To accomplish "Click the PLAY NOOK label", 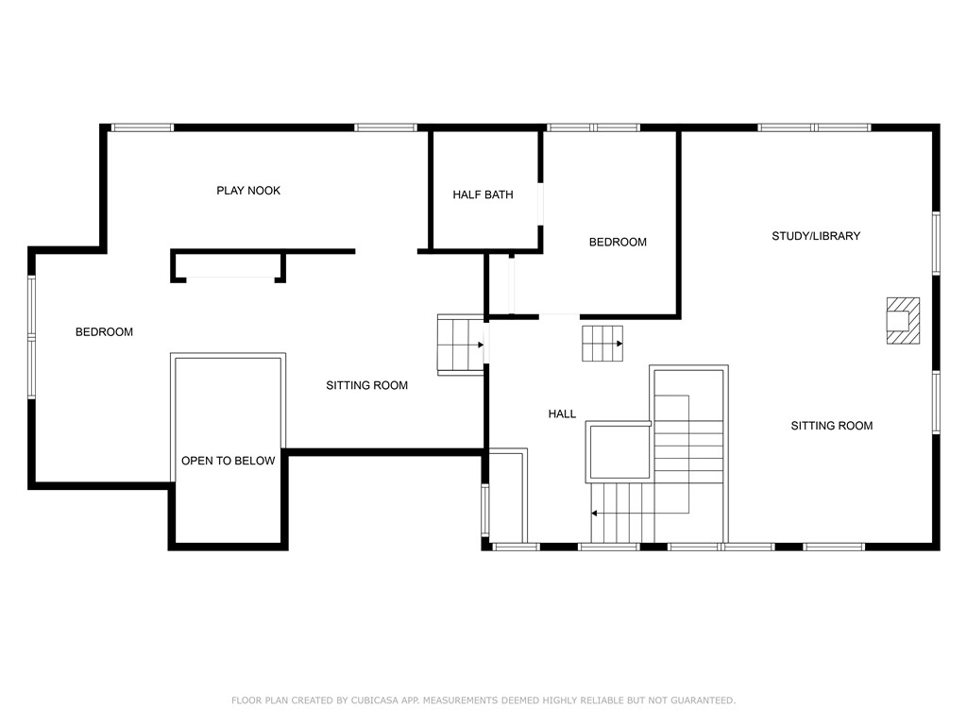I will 248,191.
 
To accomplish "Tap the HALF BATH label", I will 483,195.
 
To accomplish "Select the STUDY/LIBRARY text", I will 816,236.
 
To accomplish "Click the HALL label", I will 562,414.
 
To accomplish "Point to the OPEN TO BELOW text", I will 229,461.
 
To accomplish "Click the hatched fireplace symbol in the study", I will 902,320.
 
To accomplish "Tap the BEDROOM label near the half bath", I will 618,243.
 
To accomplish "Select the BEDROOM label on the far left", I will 104,332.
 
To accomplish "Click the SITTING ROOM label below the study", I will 831,426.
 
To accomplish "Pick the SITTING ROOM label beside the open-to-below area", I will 366,385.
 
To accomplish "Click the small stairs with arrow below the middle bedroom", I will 602,343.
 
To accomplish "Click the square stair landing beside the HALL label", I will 619,452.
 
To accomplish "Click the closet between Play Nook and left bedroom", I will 228,266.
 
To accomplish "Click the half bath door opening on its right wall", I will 540,204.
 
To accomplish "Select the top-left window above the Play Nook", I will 143,127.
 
